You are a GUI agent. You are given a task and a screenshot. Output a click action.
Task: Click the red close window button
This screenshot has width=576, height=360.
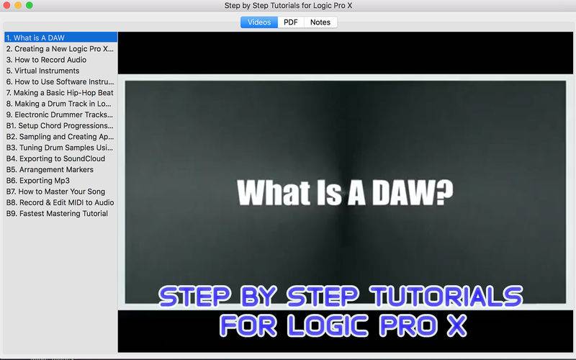click(x=6, y=5)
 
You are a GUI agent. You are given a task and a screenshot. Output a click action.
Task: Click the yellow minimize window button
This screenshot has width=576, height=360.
click(x=18, y=5)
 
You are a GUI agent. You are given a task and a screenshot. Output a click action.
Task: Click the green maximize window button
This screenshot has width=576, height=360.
click(x=30, y=5)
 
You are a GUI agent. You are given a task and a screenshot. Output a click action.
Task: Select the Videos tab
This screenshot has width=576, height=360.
click(x=259, y=22)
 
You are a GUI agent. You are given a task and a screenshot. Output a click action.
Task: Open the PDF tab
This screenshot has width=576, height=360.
click(x=291, y=22)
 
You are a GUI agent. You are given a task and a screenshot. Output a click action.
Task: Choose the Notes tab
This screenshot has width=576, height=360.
click(x=320, y=22)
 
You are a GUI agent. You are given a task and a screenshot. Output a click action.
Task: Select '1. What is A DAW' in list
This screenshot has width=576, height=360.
click(x=35, y=38)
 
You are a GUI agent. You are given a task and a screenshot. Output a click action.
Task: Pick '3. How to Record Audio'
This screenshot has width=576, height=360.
click(x=46, y=60)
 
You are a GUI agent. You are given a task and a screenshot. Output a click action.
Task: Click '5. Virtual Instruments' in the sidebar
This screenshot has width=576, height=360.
click(x=42, y=71)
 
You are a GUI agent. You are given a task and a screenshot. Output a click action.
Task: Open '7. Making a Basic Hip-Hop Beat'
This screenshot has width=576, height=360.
click(x=60, y=93)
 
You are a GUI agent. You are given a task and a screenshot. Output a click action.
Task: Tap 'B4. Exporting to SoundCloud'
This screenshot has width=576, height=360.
click(x=56, y=158)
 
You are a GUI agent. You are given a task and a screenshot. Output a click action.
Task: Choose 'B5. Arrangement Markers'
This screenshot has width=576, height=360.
click(x=50, y=169)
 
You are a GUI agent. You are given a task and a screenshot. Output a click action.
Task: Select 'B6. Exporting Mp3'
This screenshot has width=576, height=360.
click(x=38, y=181)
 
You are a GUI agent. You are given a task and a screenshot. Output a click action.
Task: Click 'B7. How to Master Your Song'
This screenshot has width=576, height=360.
click(x=56, y=192)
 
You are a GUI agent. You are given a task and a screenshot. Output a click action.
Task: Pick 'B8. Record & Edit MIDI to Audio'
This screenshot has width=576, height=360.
click(x=60, y=202)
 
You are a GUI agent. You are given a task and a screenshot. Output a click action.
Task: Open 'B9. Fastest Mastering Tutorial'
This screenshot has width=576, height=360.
click(x=57, y=213)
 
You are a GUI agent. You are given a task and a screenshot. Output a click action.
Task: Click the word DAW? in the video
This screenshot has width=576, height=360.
click(x=413, y=192)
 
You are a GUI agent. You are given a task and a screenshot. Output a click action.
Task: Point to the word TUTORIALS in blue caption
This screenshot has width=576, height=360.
click(x=446, y=296)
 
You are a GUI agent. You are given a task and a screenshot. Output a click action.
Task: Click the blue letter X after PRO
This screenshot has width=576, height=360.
click(x=456, y=325)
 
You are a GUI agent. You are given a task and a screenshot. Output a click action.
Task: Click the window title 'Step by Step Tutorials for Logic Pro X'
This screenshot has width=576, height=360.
click(x=289, y=6)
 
